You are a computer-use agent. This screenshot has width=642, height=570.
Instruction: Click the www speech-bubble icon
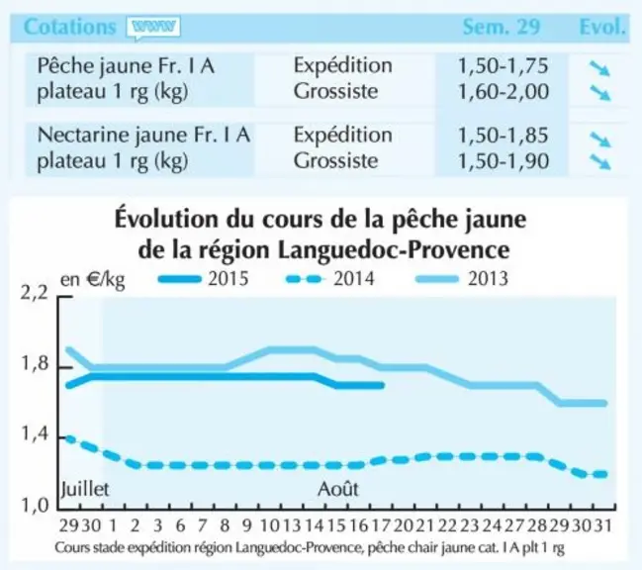tap(153, 28)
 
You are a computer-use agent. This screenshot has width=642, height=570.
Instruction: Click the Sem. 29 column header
tap(502, 27)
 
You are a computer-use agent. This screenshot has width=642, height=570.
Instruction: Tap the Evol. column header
tap(602, 27)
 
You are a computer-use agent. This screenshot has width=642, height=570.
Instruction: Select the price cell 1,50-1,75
tap(503, 66)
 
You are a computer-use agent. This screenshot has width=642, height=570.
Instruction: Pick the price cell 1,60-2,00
tap(503, 91)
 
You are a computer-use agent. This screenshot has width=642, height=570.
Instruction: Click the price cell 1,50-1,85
tap(503, 136)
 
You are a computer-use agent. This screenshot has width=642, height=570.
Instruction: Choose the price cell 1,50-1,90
tap(503, 160)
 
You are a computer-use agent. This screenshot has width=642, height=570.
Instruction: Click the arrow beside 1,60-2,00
tap(600, 93)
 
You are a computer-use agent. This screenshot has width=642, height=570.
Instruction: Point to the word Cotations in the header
tap(70, 27)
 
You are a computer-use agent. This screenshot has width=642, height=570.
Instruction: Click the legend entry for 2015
tap(204, 279)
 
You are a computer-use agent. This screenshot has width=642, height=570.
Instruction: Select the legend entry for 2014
tap(330, 279)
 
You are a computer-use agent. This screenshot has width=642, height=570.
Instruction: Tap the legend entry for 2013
tap(462, 279)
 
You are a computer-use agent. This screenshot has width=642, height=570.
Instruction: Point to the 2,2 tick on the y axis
tap(35, 293)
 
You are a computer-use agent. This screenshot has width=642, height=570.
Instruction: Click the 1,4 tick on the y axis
tap(35, 434)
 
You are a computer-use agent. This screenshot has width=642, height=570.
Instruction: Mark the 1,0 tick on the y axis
tap(35, 506)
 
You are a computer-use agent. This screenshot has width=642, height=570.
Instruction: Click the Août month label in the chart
tap(338, 489)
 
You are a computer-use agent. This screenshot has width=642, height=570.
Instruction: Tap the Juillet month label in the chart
tap(85, 489)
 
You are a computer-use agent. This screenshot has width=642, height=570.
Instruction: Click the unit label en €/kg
tap(93, 280)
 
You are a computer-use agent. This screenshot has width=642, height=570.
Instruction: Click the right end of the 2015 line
tap(382, 385)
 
